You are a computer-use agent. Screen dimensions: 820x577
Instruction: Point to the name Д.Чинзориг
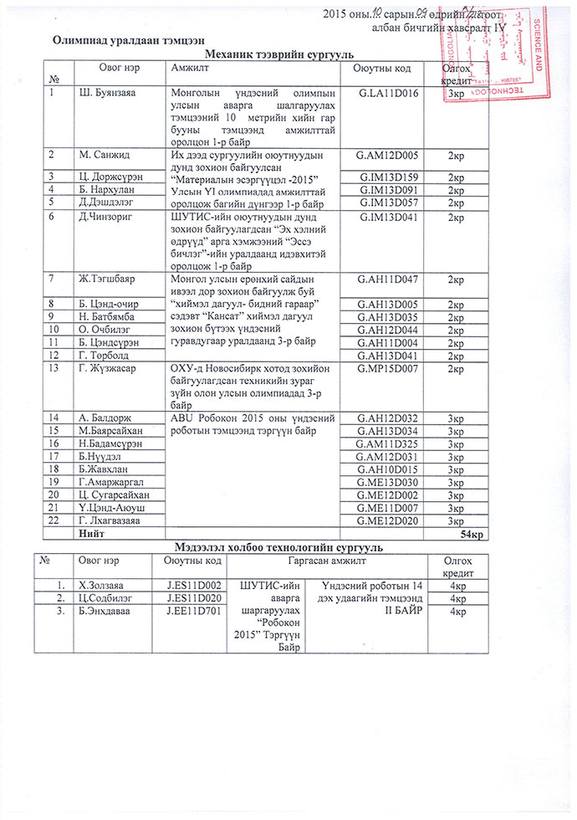pos(106,217)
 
